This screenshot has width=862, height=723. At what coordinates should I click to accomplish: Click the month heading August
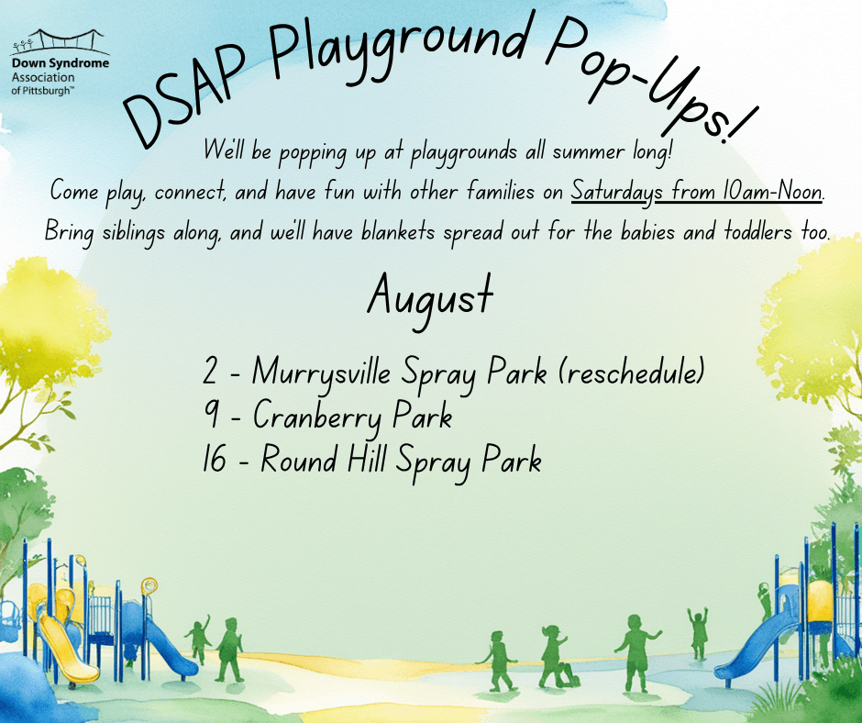tap(430, 300)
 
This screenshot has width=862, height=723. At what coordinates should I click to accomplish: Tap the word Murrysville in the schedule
tap(321, 373)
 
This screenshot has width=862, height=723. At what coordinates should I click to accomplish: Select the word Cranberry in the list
tap(317, 417)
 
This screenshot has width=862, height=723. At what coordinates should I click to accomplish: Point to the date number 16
tap(215, 459)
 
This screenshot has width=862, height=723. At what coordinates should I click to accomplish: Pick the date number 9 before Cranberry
tap(211, 416)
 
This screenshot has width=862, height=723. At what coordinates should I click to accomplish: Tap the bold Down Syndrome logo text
tap(61, 63)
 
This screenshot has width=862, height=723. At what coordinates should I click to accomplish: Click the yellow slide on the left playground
tap(67, 648)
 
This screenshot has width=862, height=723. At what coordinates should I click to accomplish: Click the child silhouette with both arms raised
tap(698, 633)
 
